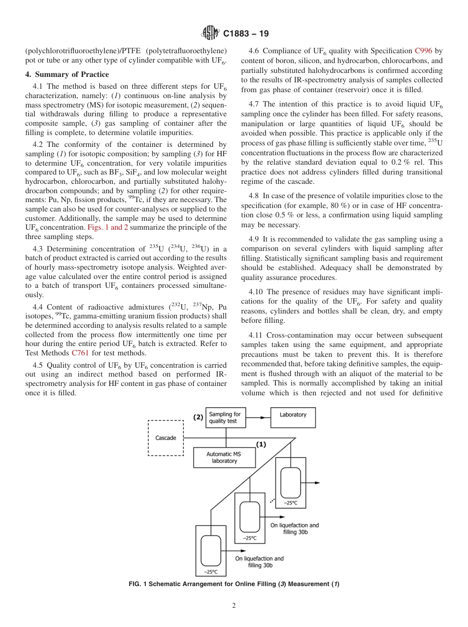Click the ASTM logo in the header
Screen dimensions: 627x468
click(x=210, y=34)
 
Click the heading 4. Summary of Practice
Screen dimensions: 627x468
click(x=67, y=74)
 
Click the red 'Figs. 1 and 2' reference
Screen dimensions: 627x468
click(x=108, y=227)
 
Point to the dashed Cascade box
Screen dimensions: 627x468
click(x=166, y=438)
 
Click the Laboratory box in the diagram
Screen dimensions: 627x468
click(x=293, y=415)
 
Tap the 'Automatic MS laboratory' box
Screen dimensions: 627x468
click(x=224, y=457)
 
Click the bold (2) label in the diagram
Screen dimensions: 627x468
click(x=198, y=417)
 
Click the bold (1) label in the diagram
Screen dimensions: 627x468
click(x=261, y=444)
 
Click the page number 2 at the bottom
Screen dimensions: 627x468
click(x=234, y=606)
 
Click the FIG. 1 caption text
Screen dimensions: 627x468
click(x=234, y=584)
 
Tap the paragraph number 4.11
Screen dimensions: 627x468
click(x=257, y=335)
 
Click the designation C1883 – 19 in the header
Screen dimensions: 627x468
click(x=244, y=34)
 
